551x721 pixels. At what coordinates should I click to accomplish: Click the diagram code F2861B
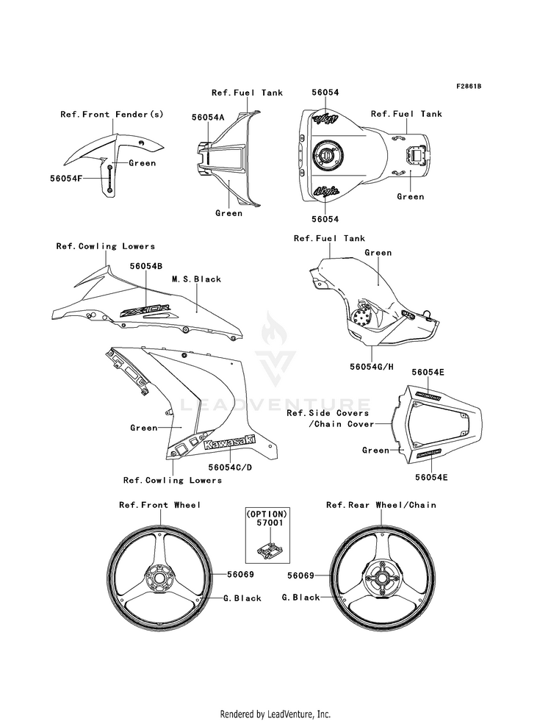click(x=468, y=86)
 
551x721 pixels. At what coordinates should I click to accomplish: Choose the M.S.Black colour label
click(x=196, y=279)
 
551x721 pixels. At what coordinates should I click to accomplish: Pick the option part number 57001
click(x=266, y=524)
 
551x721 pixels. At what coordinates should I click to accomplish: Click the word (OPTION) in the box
click(x=266, y=513)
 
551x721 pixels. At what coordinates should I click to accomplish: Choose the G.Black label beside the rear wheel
click(x=301, y=598)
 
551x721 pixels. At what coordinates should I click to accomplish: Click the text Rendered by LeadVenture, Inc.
click(x=275, y=714)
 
